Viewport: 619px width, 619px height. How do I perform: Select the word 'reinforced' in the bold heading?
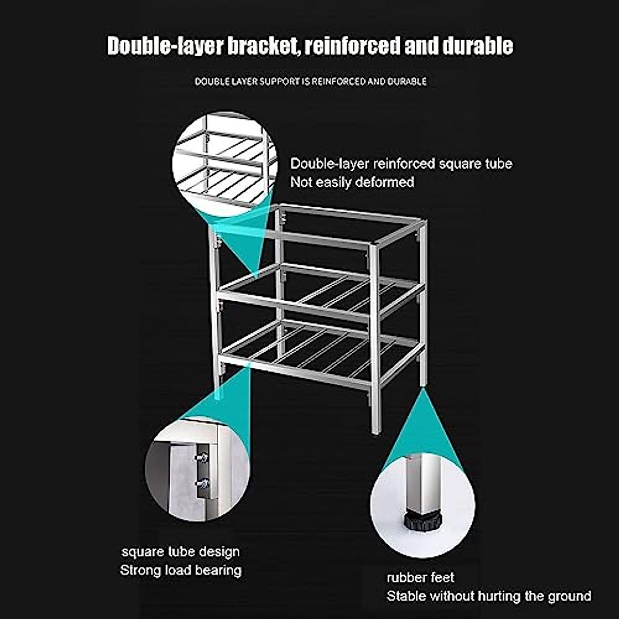tap(352, 46)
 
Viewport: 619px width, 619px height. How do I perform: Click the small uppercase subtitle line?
tap(311, 82)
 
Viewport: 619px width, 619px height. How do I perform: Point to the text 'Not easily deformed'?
tap(352, 182)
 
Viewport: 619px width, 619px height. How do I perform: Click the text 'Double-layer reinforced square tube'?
tap(401, 164)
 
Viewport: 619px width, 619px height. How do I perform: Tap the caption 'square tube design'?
tap(181, 551)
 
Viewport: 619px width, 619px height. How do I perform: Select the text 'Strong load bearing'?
tap(181, 570)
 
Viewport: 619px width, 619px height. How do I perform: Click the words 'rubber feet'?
tap(420, 577)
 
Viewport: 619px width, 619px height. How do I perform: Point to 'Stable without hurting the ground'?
tap(488, 596)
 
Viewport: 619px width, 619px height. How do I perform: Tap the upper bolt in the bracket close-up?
tap(202, 457)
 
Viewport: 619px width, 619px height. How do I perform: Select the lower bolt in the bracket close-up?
tap(202, 483)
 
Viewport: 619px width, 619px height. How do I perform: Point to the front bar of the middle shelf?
tap(294, 304)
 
